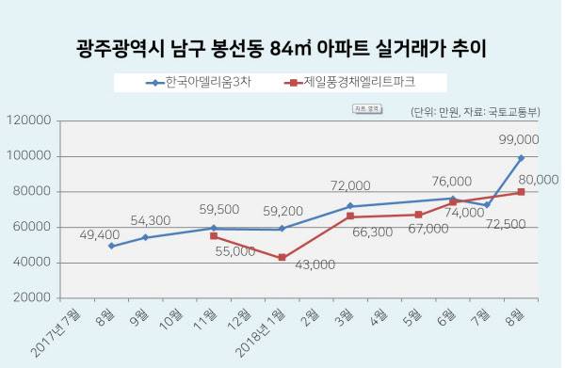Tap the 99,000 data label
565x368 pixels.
point(519,138)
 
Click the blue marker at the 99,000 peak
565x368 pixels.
point(521,158)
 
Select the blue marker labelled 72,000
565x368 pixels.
point(350,206)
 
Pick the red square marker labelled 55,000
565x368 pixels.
point(214,235)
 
